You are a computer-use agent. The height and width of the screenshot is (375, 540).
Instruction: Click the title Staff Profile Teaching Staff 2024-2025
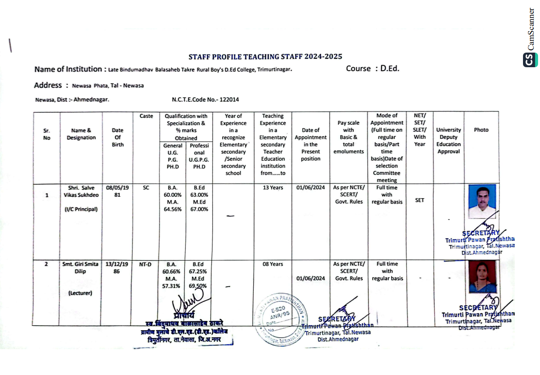click(x=265, y=57)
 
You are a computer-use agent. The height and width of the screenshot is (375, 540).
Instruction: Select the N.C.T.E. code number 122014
click(x=205, y=100)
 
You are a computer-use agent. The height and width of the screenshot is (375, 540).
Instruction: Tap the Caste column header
click(x=146, y=116)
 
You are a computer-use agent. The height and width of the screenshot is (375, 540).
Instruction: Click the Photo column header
click(x=481, y=130)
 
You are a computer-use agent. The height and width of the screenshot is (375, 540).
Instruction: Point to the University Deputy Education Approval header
click(x=448, y=141)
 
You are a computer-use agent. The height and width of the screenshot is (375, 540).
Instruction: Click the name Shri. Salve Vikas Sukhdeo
click(x=81, y=191)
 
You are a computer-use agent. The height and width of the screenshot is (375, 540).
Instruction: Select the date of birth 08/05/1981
click(x=117, y=191)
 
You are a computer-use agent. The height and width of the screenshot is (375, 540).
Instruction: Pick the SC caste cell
click(x=146, y=188)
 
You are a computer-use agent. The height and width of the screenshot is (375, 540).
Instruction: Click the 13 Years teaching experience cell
click(x=273, y=188)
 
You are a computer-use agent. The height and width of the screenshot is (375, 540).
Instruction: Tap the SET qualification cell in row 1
click(x=419, y=200)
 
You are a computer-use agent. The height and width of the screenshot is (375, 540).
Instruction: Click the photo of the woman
click(x=482, y=277)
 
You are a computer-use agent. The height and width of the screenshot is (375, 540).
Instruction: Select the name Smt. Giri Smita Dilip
click(x=81, y=268)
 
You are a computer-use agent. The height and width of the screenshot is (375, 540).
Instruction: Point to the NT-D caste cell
click(x=145, y=264)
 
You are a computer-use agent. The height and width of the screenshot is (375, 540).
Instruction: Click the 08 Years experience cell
click(x=273, y=264)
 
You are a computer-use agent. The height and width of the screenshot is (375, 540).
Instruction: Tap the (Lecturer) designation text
click(x=81, y=293)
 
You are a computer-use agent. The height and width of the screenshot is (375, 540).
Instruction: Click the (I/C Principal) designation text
click(x=81, y=209)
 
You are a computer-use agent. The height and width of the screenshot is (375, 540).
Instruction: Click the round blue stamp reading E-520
click(x=280, y=317)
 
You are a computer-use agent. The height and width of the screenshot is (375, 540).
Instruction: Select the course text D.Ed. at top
click(x=372, y=69)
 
